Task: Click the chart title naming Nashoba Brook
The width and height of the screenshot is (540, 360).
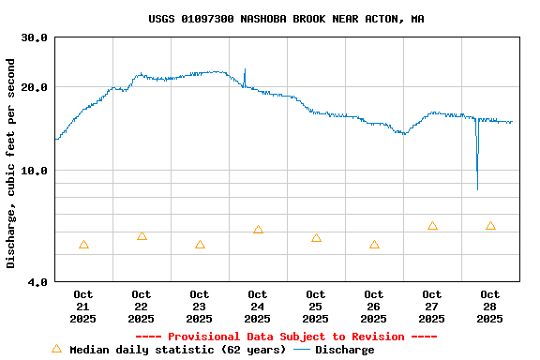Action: coord(286,18)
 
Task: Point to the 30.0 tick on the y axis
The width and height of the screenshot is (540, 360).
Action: coord(35,37)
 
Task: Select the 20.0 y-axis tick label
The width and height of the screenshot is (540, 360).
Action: coord(35,87)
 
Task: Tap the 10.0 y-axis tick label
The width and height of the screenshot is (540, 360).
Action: coord(35,171)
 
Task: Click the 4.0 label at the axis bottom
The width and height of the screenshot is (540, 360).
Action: coord(37,281)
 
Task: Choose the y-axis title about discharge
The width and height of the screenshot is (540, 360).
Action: coord(11,163)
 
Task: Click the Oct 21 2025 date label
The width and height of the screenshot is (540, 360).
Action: coord(83,306)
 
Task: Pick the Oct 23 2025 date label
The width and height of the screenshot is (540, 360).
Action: coord(200,306)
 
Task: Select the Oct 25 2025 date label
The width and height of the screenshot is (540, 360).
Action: coord(316,306)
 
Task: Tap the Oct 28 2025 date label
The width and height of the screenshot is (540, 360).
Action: coord(490,306)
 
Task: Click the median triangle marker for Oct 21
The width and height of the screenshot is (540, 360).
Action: coord(83,245)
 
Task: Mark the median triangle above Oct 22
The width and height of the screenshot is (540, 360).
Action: coord(142,236)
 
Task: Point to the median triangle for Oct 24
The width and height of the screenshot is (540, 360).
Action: coord(258,230)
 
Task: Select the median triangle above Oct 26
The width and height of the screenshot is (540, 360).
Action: coord(374,245)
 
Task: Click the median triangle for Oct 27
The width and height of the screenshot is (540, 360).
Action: coord(432,226)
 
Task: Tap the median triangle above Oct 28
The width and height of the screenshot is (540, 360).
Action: coord(490,226)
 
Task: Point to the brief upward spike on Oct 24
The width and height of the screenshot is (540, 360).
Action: coord(245,71)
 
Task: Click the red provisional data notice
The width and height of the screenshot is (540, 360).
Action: coord(286,337)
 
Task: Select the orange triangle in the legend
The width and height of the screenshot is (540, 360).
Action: coord(56,349)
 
